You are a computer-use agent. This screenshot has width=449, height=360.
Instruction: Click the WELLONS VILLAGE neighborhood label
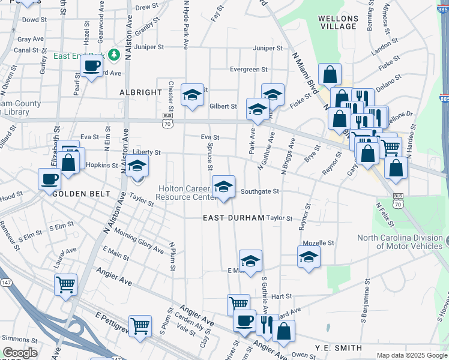pos(339,22)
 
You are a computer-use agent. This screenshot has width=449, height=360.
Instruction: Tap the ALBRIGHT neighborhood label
pos(141,92)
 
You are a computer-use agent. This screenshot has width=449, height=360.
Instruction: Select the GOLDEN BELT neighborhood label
pos(82,194)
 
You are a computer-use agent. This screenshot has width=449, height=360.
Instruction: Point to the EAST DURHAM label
pos(234,218)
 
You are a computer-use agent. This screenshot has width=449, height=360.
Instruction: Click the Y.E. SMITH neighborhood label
pos(339,348)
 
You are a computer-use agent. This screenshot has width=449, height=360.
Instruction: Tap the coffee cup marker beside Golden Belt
pos(50,178)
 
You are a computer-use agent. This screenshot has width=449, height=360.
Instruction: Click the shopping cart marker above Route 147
pos(65,284)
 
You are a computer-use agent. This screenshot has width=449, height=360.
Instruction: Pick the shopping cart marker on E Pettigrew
pos(140,326)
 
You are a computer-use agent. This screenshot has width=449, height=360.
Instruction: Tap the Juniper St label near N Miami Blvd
pos(268,48)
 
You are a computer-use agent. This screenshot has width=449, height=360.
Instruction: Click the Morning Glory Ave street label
pos(139,241)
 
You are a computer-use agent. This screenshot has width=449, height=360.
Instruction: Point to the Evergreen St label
pos(249,70)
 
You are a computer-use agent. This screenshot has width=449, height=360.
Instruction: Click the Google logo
pos(20,353)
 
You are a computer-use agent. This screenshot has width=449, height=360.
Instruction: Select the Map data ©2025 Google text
pos(411,355)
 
